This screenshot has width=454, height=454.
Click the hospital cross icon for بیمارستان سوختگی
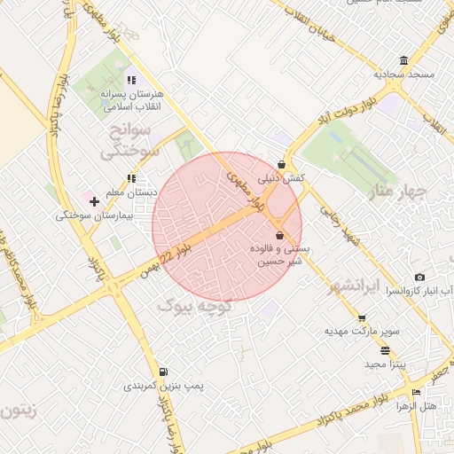[94, 201]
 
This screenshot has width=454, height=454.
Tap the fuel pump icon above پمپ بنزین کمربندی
[162, 372]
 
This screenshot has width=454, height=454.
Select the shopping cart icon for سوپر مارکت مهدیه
[361, 317]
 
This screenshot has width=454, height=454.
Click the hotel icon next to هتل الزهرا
[416, 392]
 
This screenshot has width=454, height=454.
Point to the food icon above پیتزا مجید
[385, 350]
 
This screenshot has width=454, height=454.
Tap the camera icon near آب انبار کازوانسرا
[419, 278]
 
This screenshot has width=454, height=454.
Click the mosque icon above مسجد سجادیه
[404, 60]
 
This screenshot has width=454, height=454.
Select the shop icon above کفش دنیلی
[282, 164]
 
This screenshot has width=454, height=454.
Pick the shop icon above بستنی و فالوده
[280, 236]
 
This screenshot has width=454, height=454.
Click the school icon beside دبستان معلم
[131, 178]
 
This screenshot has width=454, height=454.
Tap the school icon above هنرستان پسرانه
[131, 80]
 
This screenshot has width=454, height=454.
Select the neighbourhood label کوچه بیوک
[194, 306]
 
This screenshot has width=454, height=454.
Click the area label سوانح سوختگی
[129, 140]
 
